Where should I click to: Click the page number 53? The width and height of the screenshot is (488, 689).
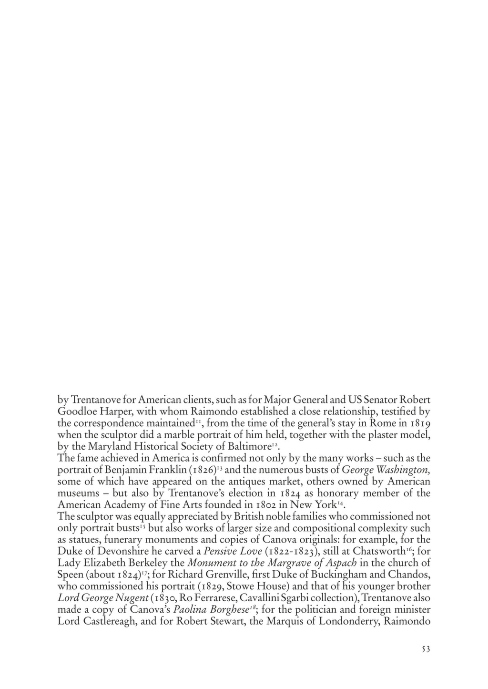(426, 649)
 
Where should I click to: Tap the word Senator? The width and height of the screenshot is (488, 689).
(377, 399)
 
